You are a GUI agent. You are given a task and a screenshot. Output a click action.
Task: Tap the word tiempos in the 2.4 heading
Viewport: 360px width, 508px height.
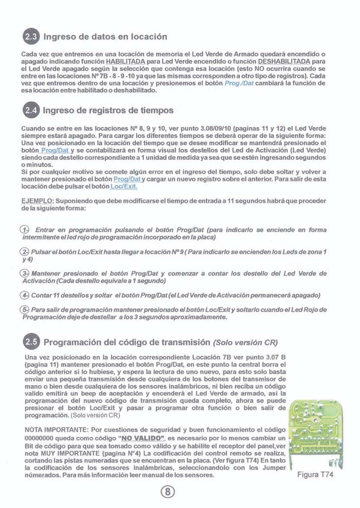[x=156, y=110]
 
